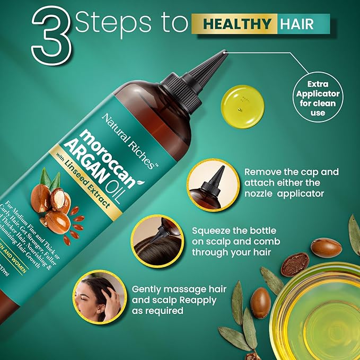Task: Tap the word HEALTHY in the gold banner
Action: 232,24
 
